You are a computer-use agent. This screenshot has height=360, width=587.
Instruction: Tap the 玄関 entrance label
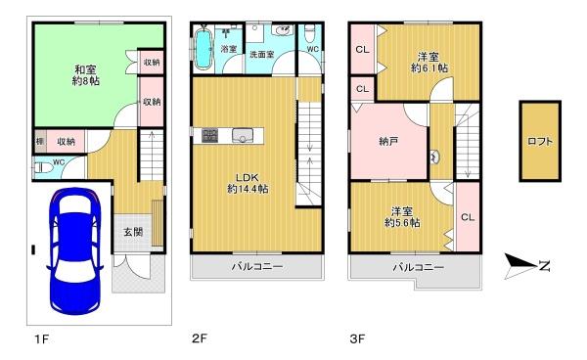click(x=133, y=232)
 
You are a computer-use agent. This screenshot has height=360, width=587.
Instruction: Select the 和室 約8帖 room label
click(x=83, y=74)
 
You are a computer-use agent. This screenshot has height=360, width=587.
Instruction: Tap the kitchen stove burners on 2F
click(x=209, y=136)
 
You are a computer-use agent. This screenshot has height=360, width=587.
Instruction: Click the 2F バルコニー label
click(x=257, y=266)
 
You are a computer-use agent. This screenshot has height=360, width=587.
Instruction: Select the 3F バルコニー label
click(x=419, y=266)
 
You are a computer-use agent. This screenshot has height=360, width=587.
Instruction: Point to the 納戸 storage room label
click(x=389, y=142)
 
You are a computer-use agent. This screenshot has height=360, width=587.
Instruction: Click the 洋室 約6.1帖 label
click(x=429, y=62)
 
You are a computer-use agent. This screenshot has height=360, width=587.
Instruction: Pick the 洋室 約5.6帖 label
click(x=402, y=217)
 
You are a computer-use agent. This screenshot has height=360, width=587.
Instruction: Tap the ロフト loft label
click(x=540, y=141)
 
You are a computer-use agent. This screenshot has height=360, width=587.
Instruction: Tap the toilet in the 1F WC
click(x=41, y=167)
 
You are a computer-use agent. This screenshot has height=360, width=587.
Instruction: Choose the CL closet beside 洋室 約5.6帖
click(x=467, y=217)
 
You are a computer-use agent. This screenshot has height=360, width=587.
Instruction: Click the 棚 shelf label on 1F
click(x=39, y=141)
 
